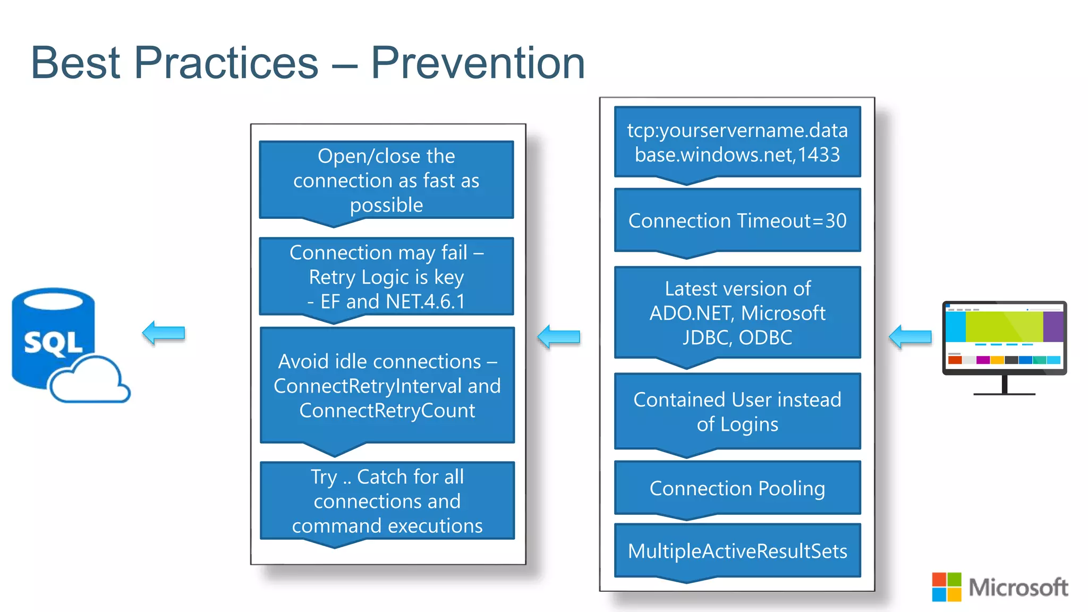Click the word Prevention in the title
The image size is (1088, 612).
[477, 63]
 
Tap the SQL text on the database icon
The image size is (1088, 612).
[53, 343]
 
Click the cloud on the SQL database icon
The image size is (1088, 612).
[89, 380]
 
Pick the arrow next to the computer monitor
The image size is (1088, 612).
[910, 337]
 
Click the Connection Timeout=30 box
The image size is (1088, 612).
[737, 220]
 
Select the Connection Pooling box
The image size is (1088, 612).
[737, 488]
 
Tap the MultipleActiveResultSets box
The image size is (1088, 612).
[737, 551]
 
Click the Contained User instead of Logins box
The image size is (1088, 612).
[737, 411]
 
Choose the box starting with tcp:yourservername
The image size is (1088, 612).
[737, 142]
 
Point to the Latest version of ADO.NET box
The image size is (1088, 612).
[737, 312]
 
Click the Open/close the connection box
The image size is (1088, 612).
[386, 180]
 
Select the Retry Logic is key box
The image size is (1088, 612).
[386, 277]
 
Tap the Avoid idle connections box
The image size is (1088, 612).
[387, 386]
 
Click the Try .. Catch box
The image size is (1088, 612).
[387, 500]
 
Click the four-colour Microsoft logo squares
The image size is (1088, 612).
[946, 586]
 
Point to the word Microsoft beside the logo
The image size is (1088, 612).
[1018, 587]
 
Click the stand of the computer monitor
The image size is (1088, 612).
[1004, 385]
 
